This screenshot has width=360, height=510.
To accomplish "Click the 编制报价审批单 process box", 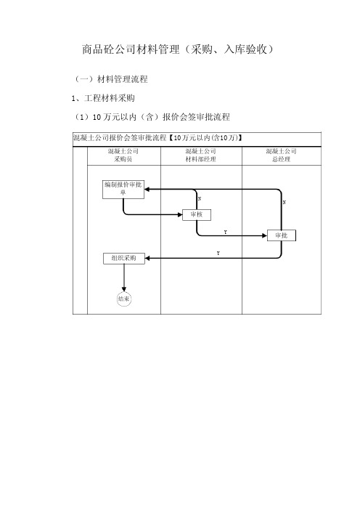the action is click(x=123, y=190).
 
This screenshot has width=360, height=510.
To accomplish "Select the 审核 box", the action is click(x=197, y=214).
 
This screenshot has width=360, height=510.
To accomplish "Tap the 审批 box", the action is click(x=282, y=235).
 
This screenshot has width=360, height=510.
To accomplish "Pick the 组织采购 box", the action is click(x=124, y=258).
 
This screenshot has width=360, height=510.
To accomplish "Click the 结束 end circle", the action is click(x=124, y=299).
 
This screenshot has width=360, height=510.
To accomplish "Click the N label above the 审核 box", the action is click(x=200, y=198).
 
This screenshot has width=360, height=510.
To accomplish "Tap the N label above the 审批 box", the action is click(x=285, y=202).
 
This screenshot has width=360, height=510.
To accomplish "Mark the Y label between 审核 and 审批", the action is click(x=226, y=232).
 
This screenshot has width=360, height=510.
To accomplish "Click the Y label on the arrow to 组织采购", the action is click(x=218, y=253).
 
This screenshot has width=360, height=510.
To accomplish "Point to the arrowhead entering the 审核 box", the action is click(x=180, y=214).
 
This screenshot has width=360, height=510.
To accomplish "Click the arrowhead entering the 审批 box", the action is click(x=264, y=235).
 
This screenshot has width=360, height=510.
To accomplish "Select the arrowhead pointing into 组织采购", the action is click(x=147, y=258).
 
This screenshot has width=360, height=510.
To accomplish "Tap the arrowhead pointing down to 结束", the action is click(x=124, y=289).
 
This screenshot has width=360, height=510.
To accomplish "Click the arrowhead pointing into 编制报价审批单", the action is click(x=147, y=190).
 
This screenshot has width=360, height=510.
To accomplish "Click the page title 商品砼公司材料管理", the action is click(x=131, y=49).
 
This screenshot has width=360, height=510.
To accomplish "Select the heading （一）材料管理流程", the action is click(x=111, y=79).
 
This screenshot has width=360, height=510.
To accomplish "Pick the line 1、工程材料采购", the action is click(x=103, y=98).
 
